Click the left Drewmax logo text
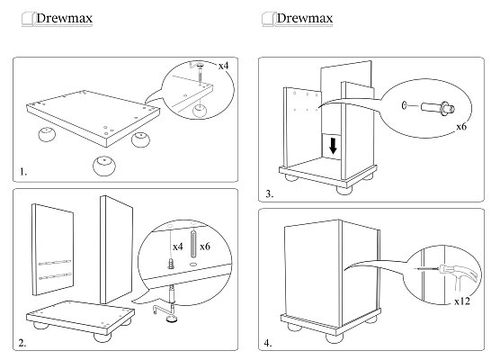(x=65, y=18)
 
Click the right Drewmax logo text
(x=305, y=18)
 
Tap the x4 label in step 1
(x=224, y=66)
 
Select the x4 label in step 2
(x=178, y=247)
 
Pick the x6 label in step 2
(x=205, y=247)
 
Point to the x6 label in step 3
(x=461, y=127)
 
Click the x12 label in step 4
(x=462, y=301)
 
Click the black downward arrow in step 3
(x=334, y=146)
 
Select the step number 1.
(x=23, y=172)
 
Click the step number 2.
(x=22, y=343)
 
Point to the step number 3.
(x=270, y=193)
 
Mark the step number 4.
(x=268, y=343)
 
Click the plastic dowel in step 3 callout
(x=438, y=107)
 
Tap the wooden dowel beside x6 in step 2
(x=193, y=244)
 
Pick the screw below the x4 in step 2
(x=171, y=264)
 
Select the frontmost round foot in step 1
(x=104, y=166)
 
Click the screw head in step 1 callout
(x=201, y=66)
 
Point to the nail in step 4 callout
(x=427, y=270)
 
